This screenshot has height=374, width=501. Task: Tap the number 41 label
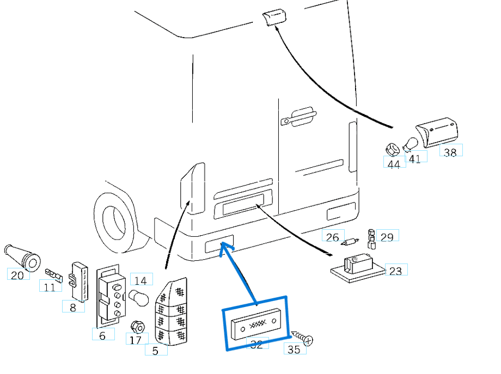(415, 158)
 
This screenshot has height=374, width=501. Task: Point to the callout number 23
(396, 270)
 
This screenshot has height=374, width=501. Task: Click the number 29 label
(387, 237)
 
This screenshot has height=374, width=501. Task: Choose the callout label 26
(333, 237)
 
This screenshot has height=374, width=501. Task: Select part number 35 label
(294, 349)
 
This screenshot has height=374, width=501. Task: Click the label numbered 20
(18, 274)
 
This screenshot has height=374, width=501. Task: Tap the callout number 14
(140, 280)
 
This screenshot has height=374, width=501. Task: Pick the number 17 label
(136, 340)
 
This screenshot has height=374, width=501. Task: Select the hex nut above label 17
(137, 327)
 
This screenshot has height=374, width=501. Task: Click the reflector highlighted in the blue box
(254, 323)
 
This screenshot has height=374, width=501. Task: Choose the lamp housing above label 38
(437, 132)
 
